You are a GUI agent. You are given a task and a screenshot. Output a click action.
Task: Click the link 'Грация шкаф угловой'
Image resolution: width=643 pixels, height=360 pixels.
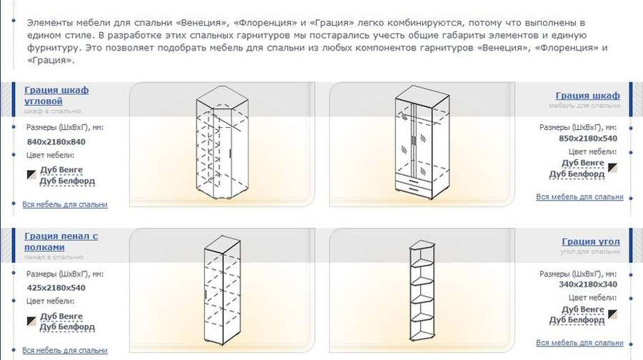[x=56, y=96]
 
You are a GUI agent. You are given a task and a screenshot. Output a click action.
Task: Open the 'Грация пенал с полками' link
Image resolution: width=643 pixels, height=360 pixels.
[x=61, y=241]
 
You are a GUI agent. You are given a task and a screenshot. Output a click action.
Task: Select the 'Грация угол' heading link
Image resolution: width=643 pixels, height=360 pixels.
[x=591, y=241]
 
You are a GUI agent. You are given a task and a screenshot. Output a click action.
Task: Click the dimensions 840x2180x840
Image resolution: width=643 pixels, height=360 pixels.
[x=56, y=142]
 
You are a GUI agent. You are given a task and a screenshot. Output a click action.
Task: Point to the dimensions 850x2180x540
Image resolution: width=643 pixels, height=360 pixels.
[x=588, y=138]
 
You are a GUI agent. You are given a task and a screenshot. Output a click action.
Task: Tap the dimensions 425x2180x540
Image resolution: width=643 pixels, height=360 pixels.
[x=56, y=288]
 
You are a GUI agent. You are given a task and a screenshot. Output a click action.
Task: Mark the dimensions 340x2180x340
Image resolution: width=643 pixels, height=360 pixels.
[x=588, y=284]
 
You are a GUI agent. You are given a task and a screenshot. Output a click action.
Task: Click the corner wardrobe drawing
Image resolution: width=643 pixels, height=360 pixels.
[x=222, y=143]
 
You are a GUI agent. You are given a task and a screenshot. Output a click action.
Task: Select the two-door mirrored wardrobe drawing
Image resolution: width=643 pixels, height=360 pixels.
[x=422, y=143]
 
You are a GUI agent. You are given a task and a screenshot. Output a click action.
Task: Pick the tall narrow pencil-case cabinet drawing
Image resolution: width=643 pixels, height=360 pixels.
[x=222, y=290]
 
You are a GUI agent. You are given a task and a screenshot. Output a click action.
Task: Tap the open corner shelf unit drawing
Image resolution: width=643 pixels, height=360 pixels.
[x=422, y=291]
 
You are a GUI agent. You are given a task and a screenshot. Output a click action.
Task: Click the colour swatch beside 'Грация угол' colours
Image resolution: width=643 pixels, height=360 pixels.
[x=613, y=314]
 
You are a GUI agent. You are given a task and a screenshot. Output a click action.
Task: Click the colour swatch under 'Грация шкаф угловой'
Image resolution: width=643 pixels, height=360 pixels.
[x=31, y=175]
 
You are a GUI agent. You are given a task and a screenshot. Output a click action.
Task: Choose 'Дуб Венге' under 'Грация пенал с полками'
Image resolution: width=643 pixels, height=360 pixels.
[x=61, y=316]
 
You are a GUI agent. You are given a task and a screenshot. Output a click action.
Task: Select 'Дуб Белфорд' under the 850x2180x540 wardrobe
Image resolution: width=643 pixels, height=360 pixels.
[x=577, y=174]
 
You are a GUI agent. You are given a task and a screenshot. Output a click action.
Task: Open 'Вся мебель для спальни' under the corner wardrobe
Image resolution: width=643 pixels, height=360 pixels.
[x=65, y=204]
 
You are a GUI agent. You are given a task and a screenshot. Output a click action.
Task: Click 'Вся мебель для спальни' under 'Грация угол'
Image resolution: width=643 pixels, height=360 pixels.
[x=579, y=343]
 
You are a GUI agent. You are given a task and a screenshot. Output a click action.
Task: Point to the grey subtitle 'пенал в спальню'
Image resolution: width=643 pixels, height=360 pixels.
[x=54, y=257]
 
